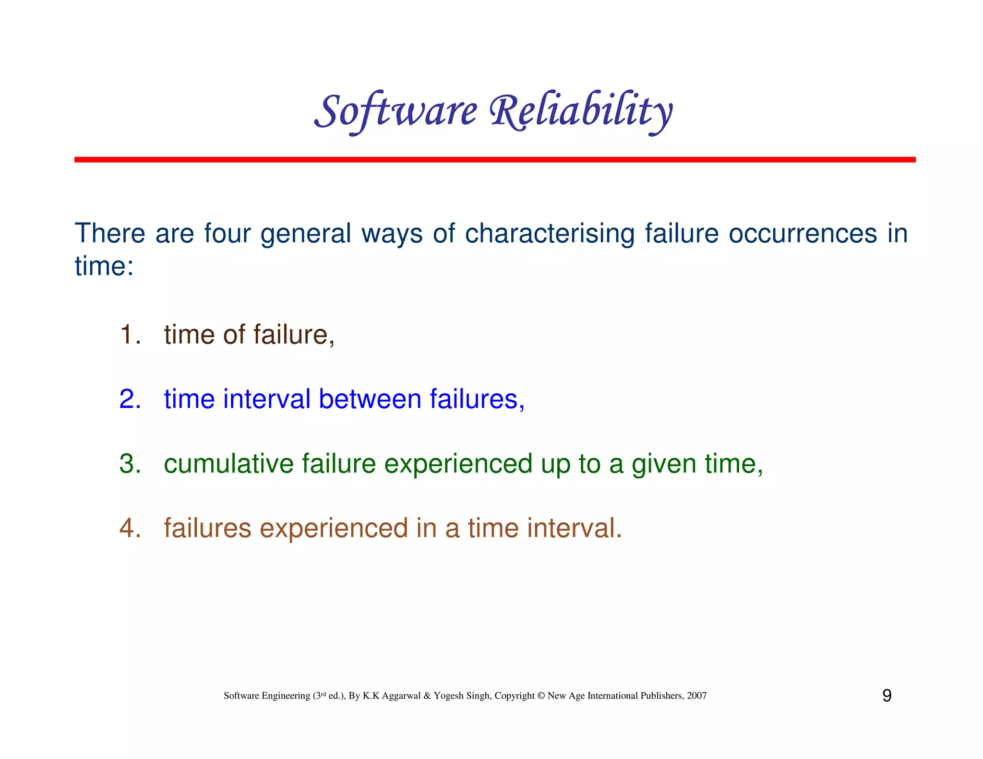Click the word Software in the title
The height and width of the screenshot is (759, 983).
coord(396,111)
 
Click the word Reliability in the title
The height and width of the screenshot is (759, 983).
coord(581,111)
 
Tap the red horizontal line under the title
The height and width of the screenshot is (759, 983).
coord(494,159)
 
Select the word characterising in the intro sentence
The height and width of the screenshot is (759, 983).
coord(550,234)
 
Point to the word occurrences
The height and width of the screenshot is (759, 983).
coord(803,234)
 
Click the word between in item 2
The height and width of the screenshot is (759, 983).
coord(370,399)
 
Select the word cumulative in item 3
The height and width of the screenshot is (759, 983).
coord(228,464)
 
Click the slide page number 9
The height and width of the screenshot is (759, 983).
coord(887,696)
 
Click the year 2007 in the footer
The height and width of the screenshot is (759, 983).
coord(696,696)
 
